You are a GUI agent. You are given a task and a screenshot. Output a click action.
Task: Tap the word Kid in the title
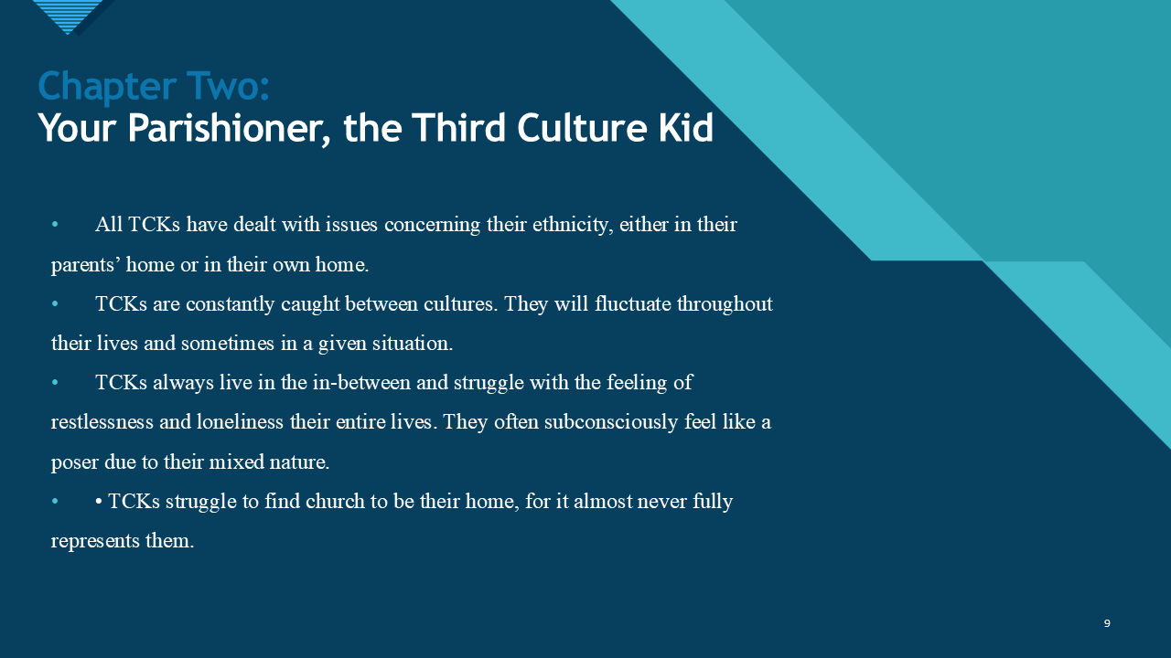[685, 128]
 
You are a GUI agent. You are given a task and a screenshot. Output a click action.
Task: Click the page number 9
[1107, 623]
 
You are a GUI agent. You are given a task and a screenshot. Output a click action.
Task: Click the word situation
[409, 345]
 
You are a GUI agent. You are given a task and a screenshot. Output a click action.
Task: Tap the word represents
[96, 541]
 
